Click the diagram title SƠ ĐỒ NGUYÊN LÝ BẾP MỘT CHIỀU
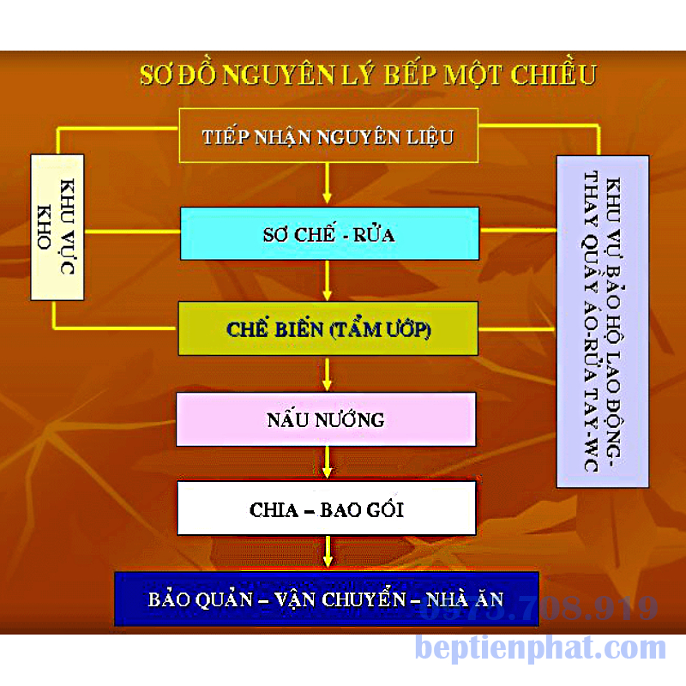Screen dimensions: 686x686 click(x=368, y=75)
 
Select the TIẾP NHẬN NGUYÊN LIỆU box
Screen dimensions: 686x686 click(x=328, y=135)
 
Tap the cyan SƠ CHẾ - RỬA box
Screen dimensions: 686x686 click(x=329, y=233)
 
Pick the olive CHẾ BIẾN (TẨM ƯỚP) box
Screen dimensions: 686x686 click(x=328, y=328)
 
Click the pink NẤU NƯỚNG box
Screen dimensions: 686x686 click(x=326, y=419)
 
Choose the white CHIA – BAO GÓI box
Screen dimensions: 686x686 click(x=327, y=508)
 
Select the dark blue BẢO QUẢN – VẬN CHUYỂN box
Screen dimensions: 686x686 click(x=327, y=599)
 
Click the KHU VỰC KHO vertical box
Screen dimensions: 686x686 click(x=57, y=227)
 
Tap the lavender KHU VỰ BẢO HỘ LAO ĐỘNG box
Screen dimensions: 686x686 click(x=603, y=322)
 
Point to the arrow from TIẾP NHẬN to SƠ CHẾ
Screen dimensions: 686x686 click(x=328, y=184)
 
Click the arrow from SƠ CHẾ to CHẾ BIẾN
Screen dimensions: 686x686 click(x=328, y=280)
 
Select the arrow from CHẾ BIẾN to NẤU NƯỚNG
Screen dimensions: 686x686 click(x=328, y=374)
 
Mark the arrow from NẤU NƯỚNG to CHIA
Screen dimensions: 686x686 click(x=328, y=463)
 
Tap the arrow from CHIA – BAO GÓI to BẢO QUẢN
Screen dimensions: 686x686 click(x=328, y=553)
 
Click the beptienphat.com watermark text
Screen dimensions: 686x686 click(x=541, y=648)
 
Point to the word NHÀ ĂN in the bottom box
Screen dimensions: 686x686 click(x=465, y=599)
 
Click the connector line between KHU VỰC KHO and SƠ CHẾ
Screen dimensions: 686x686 click(x=132, y=232)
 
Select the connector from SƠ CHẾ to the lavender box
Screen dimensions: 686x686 click(x=518, y=230)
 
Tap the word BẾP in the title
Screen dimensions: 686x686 click(x=411, y=75)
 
